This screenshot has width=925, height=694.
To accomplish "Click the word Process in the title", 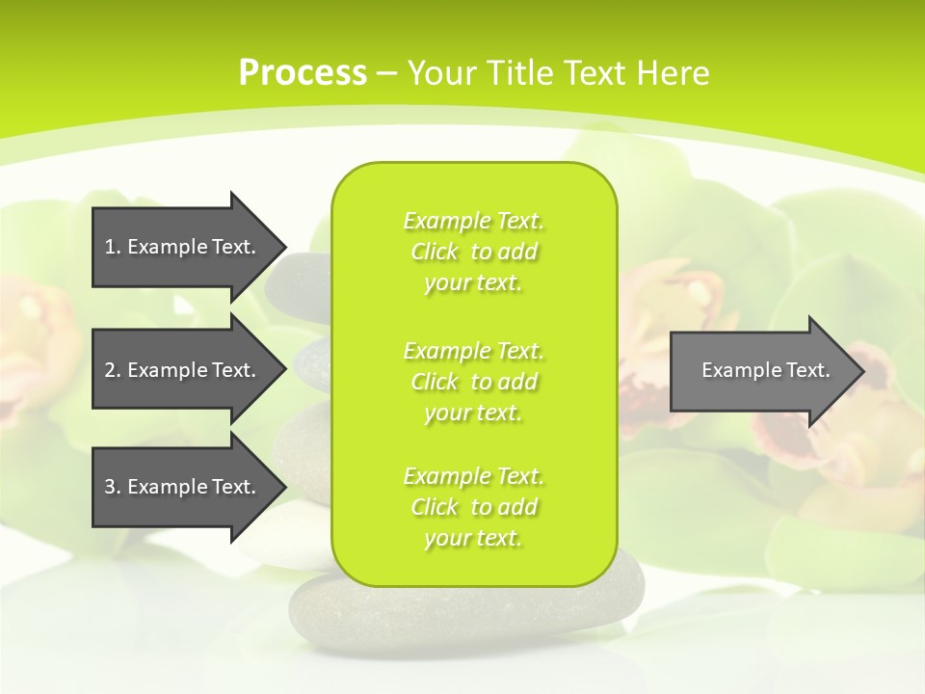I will click(x=303, y=72).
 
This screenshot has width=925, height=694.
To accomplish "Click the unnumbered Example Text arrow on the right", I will click(x=761, y=370).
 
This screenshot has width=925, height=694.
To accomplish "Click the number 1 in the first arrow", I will click(x=110, y=247).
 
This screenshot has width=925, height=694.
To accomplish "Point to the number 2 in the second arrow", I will click(x=110, y=370).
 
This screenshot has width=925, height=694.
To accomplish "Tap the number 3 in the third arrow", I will click(x=110, y=487).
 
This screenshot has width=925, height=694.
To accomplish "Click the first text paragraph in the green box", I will click(x=473, y=252).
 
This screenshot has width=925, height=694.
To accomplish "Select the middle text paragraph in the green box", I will click(x=473, y=382).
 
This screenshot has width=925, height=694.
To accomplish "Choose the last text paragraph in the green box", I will click(x=473, y=507).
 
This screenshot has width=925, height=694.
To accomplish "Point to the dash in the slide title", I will click(x=386, y=73).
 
